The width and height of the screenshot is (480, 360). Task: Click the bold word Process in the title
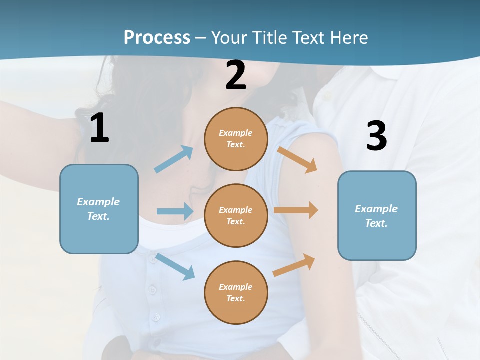pos(157,37)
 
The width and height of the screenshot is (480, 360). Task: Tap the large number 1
pos(99,128)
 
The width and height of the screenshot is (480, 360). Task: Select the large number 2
pos(236,75)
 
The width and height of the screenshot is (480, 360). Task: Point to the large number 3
pos(376,136)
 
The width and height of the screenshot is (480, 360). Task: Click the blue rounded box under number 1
pos(99,209)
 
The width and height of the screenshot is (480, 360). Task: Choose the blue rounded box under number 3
pos(377,215)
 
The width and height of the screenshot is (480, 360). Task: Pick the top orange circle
pos(236,139)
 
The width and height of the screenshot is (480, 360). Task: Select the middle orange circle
pos(236,215)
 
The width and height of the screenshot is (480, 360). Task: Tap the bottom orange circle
pos(236,292)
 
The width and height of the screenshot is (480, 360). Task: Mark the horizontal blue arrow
pos(175,211)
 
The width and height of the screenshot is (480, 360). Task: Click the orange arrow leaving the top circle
pos(297,159)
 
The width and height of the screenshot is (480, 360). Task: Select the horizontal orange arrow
pos(296,210)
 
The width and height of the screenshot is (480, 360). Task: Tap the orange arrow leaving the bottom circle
pos(294,265)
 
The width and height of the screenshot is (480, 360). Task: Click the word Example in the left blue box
pos(98,202)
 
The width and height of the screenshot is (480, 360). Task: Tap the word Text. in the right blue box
pos(376,223)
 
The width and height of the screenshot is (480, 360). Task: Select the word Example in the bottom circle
pos(235,287)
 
